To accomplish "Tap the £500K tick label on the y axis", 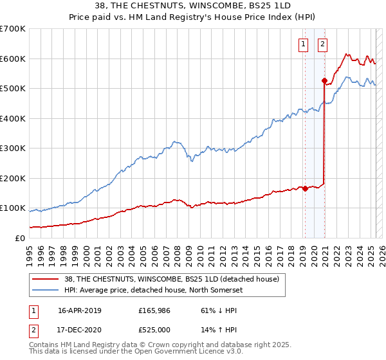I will coord(12,88).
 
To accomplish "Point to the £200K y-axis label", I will coord(12,178).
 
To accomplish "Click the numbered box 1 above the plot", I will coord(303,44).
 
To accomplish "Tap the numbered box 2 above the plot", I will coord(322,44).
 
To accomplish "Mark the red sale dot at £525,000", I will coord(324,80).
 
